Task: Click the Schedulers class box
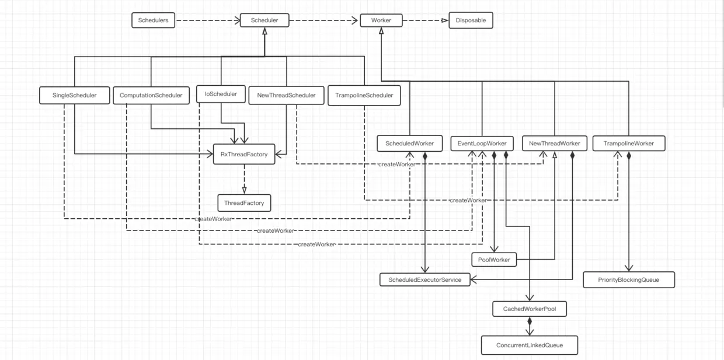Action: tap(153, 20)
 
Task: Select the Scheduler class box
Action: tap(264, 20)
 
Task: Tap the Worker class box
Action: tap(381, 20)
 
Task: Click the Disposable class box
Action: tap(471, 20)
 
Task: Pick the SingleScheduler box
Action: tap(75, 95)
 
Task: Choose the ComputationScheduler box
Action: tap(151, 95)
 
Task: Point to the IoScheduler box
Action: tap(220, 93)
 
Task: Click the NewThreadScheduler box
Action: tap(286, 95)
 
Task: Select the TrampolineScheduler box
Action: tap(364, 95)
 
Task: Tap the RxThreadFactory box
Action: tap(243, 154)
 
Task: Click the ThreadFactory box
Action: tap(244, 203)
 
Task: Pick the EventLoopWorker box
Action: tap(482, 144)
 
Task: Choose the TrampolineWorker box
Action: tap(628, 144)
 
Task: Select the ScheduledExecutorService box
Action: tap(424, 280)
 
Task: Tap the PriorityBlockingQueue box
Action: tap(629, 280)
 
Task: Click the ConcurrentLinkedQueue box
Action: tap(529, 345)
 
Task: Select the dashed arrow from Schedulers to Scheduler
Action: tap(208, 21)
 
